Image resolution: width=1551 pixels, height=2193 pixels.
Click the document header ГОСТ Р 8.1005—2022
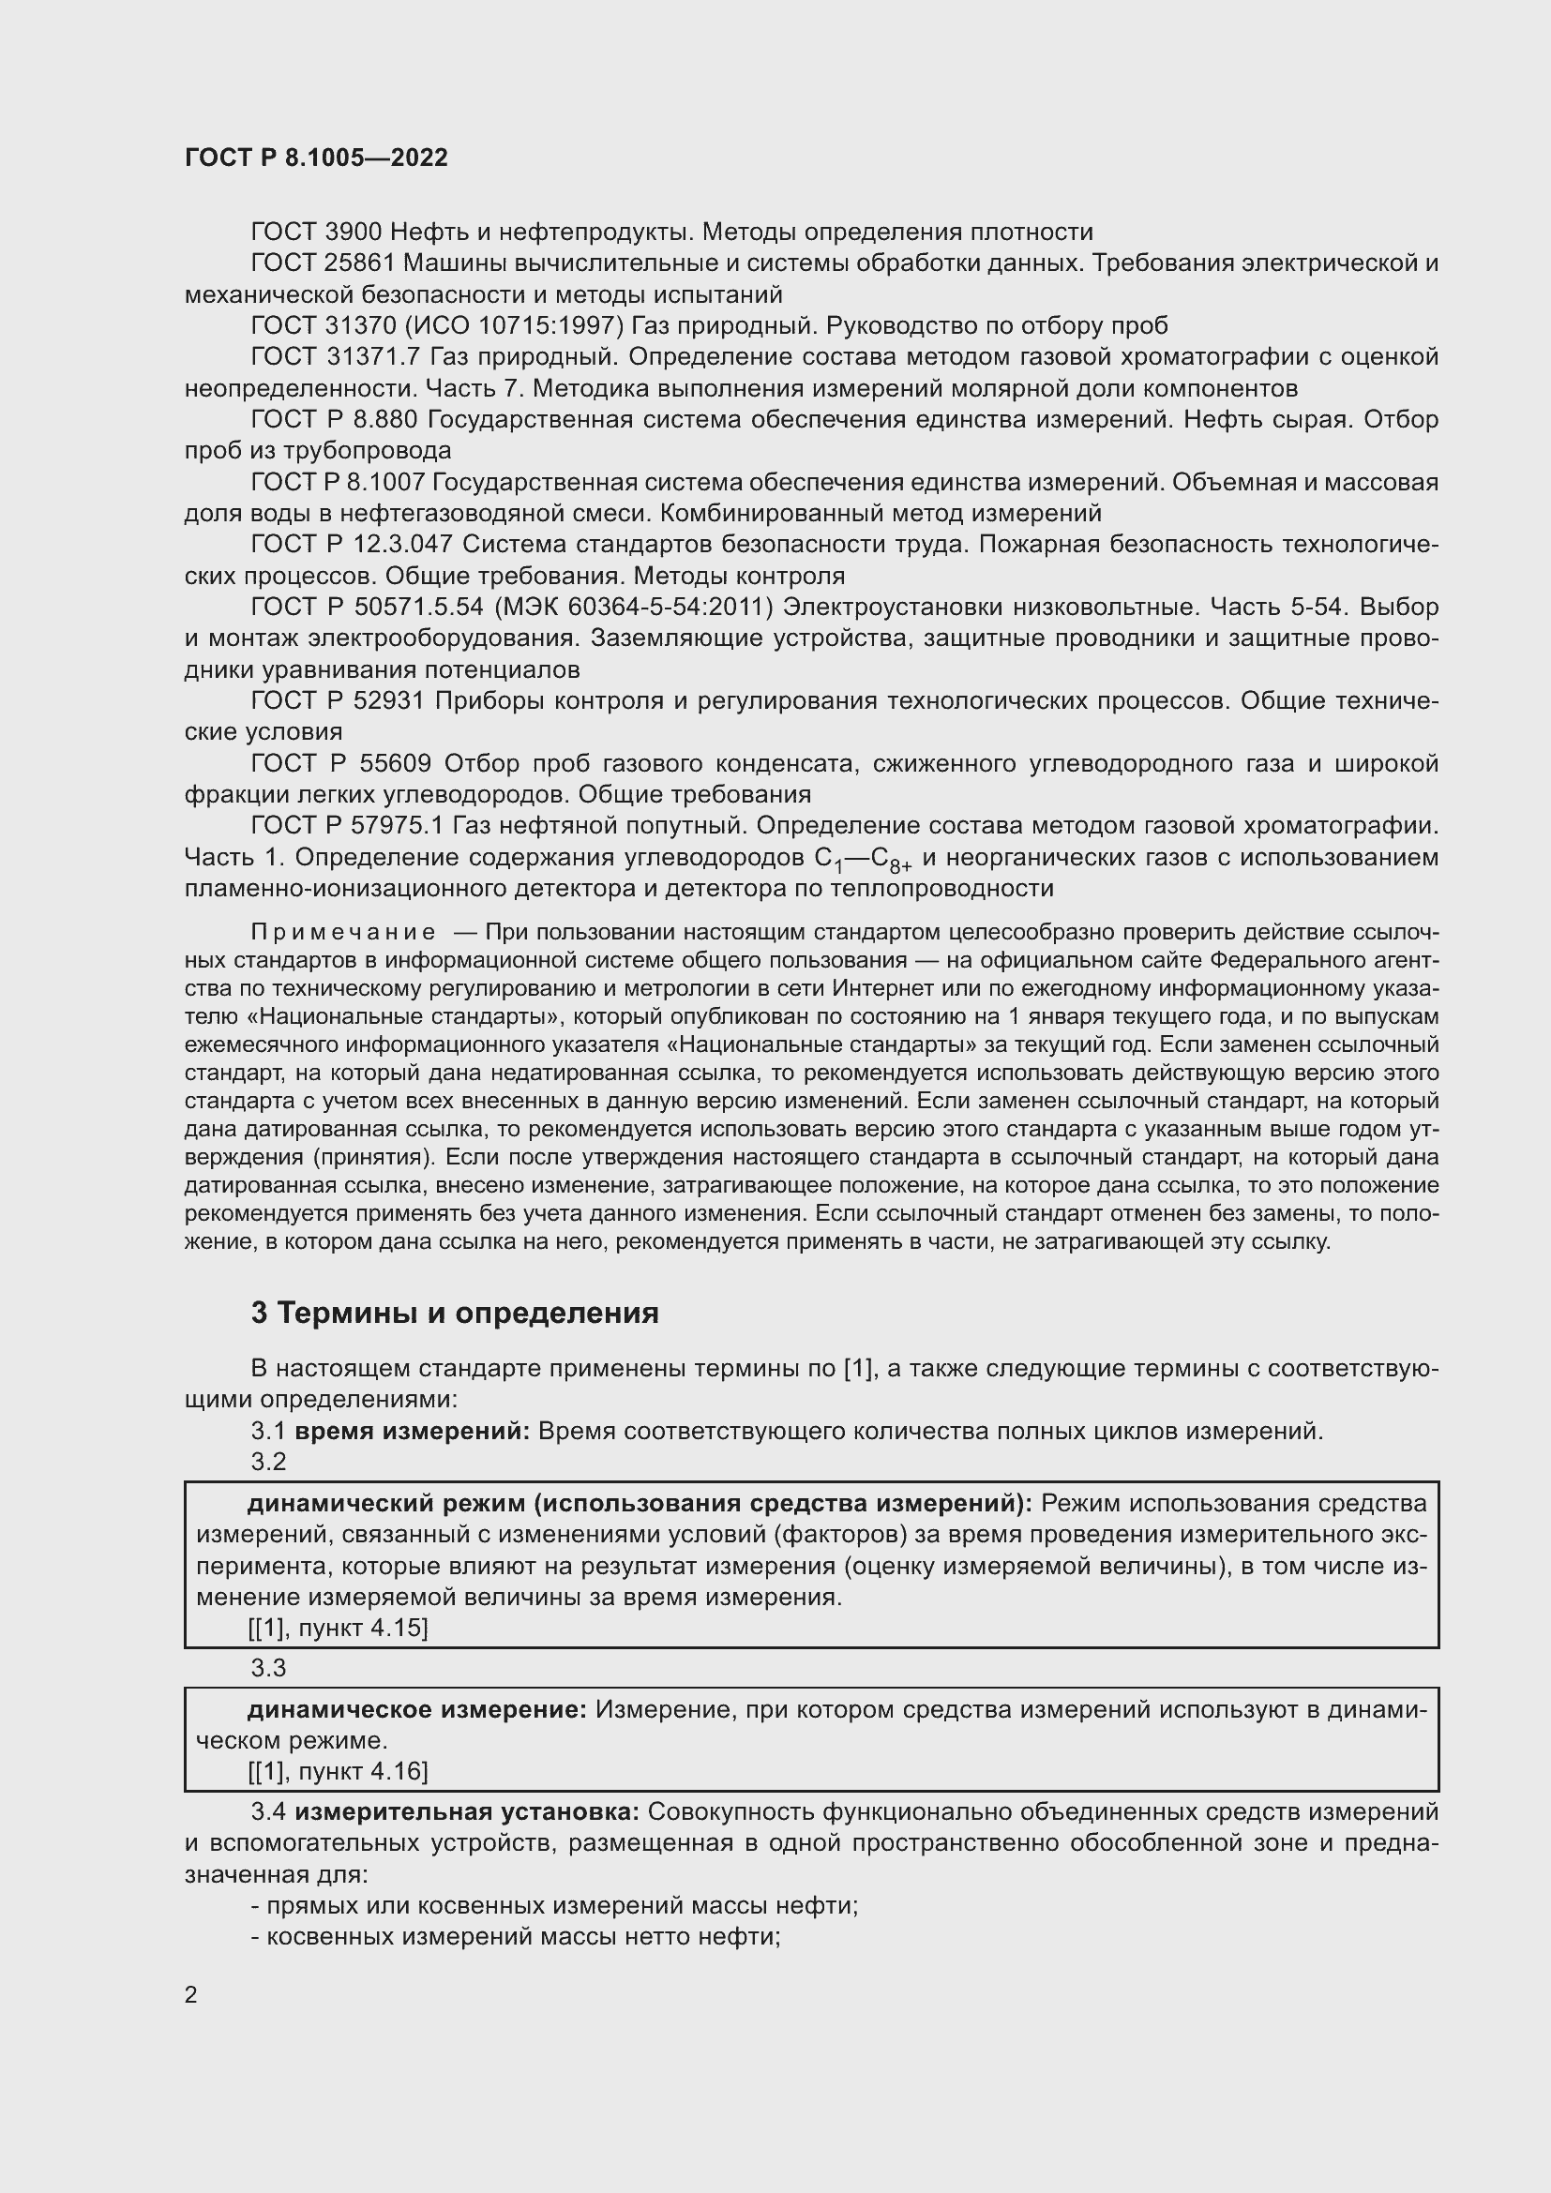(x=316, y=158)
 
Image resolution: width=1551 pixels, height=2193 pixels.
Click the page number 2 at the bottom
(x=191, y=1993)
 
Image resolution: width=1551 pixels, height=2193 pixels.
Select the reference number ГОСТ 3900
(x=316, y=233)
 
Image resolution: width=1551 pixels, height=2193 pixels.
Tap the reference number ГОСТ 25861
(x=323, y=263)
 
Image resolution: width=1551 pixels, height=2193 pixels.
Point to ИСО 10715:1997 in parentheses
(x=515, y=325)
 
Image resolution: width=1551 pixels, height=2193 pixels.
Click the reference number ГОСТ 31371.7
(x=335, y=357)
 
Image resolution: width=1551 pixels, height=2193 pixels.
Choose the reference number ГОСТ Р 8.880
(x=335, y=419)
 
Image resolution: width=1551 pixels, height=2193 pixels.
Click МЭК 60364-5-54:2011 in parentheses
(x=632, y=608)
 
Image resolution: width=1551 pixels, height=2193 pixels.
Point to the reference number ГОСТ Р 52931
(x=338, y=701)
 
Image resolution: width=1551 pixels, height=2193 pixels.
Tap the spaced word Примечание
(x=343, y=932)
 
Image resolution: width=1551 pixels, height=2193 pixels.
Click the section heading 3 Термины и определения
(x=455, y=1314)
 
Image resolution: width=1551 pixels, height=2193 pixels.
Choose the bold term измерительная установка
(x=466, y=1812)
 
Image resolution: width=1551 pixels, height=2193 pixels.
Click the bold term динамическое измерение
(x=416, y=1710)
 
